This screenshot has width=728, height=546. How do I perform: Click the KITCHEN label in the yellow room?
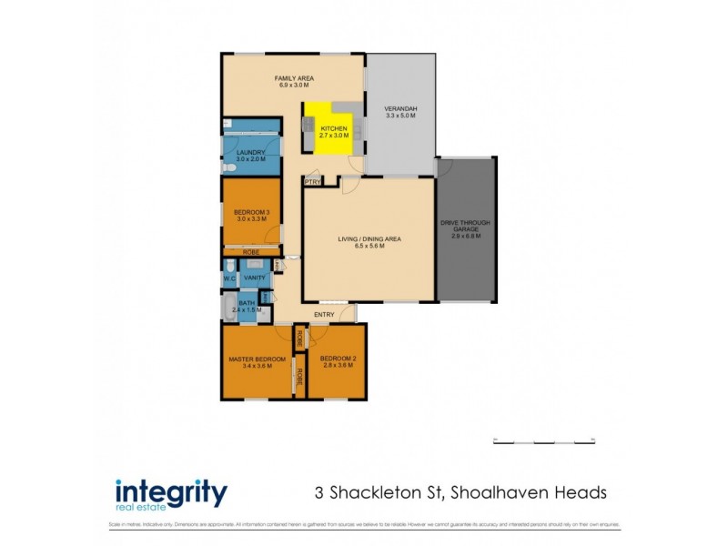point(334,129)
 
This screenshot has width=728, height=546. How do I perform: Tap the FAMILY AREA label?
point(294,78)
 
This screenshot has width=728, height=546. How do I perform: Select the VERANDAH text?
point(400,108)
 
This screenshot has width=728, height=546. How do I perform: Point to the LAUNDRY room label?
point(250,152)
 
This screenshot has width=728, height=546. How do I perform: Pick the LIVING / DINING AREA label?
point(369,239)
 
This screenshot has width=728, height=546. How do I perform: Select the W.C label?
point(229,277)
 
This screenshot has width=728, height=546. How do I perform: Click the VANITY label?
point(254,277)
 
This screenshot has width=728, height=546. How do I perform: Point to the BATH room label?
point(247,303)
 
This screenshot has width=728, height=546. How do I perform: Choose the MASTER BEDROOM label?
point(257,359)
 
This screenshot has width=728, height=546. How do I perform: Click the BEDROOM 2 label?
point(337,359)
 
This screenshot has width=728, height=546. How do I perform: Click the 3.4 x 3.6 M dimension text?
point(257,366)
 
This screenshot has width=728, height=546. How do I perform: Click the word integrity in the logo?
point(171,491)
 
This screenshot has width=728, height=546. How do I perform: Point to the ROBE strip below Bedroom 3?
point(252,252)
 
